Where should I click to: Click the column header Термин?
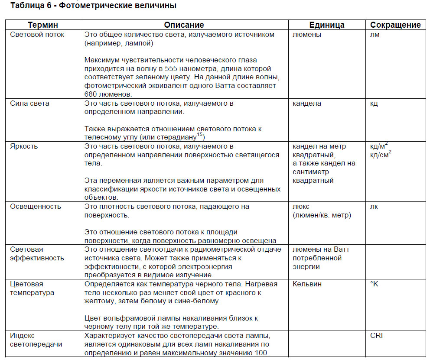[x=43, y=25]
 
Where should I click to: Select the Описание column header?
[x=184, y=25]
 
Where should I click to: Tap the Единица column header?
[x=327, y=25]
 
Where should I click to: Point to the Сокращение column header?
[x=395, y=25]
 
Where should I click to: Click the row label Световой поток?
[x=37, y=35]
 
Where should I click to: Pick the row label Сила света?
[x=30, y=104]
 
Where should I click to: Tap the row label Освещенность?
[x=36, y=206]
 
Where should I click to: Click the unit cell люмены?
[x=307, y=35]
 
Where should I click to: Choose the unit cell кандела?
[x=307, y=104]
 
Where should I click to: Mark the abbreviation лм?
[x=375, y=35]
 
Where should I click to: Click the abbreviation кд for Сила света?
[x=374, y=104]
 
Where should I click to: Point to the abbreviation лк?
[x=374, y=206]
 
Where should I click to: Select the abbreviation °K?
[x=374, y=284]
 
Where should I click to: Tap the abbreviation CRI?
[x=377, y=335]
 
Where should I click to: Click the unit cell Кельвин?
[x=307, y=284]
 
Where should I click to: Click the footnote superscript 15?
[x=200, y=135]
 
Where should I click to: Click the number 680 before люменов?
[x=92, y=94]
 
